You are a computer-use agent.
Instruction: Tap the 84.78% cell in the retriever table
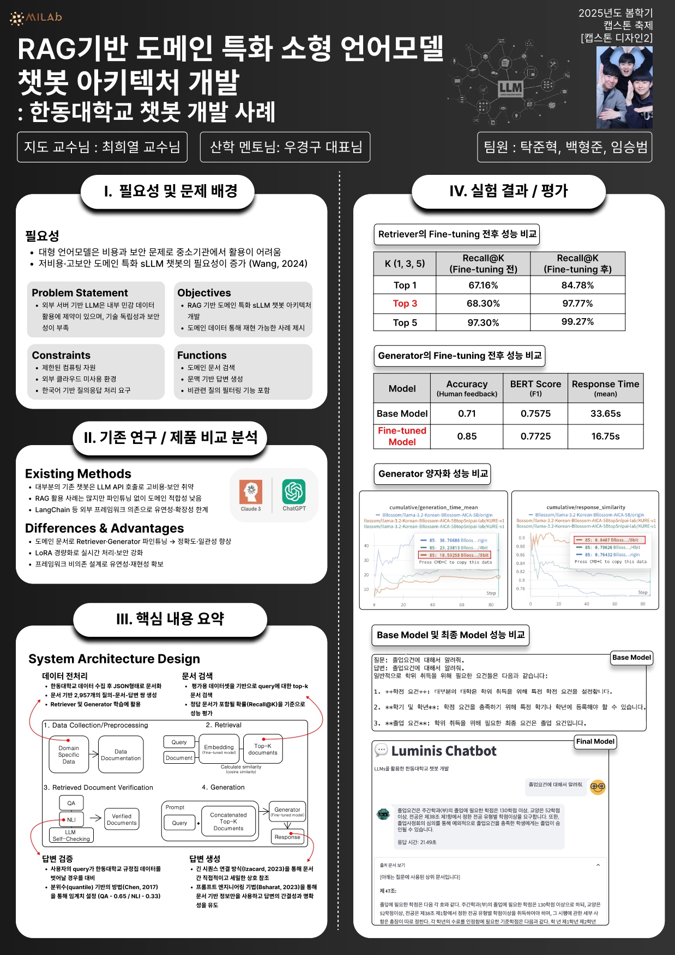pyautogui.click(x=577, y=285)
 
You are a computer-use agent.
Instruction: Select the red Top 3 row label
pyautogui.click(x=405, y=303)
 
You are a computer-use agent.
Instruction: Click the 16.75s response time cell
pyautogui.click(x=605, y=436)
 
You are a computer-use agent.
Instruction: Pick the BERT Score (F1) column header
pyautogui.click(x=535, y=388)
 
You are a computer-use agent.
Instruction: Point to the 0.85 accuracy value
pyautogui.click(x=467, y=436)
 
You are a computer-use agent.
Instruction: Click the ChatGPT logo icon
pyautogui.click(x=294, y=491)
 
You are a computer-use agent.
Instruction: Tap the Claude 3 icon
pyautogui.click(x=251, y=492)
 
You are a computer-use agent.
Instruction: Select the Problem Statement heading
pyautogui.click(x=80, y=293)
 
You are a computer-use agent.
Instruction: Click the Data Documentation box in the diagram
pyautogui.click(x=120, y=755)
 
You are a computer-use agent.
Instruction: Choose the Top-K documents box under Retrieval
pyautogui.click(x=263, y=750)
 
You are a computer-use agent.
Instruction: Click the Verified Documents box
pyautogui.click(x=122, y=819)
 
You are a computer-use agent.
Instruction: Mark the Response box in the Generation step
pyautogui.click(x=287, y=837)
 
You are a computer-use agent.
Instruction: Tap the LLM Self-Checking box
pyautogui.click(x=71, y=836)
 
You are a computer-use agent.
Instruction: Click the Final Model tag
pyautogui.click(x=595, y=741)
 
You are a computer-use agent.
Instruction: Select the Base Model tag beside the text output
pyautogui.click(x=631, y=658)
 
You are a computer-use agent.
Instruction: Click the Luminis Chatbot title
pyautogui.click(x=443, y=751)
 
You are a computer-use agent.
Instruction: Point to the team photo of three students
pyautogui.click(x=624, y=87)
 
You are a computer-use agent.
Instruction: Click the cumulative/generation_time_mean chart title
pyautogui.click(x=433, y=507)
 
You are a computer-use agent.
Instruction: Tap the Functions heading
pyautogui.click(x=202, y=355)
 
